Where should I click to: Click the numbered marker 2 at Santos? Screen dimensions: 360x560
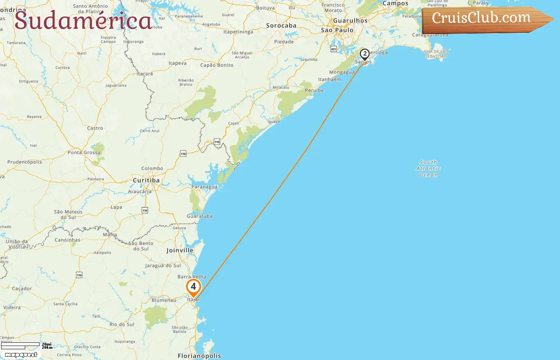click(x=364, y=54)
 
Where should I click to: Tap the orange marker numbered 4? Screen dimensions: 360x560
click(x=194, y=287)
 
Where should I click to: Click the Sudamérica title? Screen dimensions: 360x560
click(x=83, y=20)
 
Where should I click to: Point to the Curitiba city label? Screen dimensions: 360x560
click(x=146, y=180)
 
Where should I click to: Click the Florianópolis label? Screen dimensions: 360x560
click(x=199, y=356)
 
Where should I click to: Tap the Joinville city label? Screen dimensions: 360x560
click(x=180, y=250)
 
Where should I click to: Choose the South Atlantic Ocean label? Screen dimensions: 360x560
click(x=428, y=168)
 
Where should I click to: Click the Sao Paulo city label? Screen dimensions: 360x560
click(x=337, y=30)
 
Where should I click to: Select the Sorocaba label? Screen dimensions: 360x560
click(x=281, y=26)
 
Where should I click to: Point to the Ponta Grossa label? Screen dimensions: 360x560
click(x=84, y=152)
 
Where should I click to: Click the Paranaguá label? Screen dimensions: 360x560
click(x=204, y=187)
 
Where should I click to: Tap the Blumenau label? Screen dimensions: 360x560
click(x=164, y=300)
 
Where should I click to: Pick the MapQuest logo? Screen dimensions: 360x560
click(x=21, y=355)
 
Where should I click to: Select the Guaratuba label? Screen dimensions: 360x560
click(x=200, y=216)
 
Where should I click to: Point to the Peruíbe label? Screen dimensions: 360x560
click(x=314, y=90)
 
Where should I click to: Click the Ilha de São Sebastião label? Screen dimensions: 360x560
click(x=436, y=54)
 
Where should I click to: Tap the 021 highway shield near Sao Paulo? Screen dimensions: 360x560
click(x=334, y=49)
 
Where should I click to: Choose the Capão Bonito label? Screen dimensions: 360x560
click(x=217, y=65)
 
